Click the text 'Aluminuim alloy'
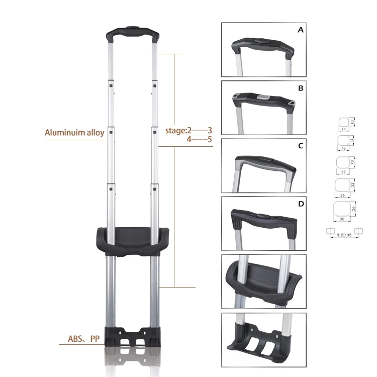coord(74,133)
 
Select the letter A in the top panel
coord(301,30)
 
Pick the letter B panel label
coord(301,88)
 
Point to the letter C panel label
coord(301,146)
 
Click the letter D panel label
coord(301,204)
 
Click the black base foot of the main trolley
coord(133,337)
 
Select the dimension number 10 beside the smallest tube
coord(352,122)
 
